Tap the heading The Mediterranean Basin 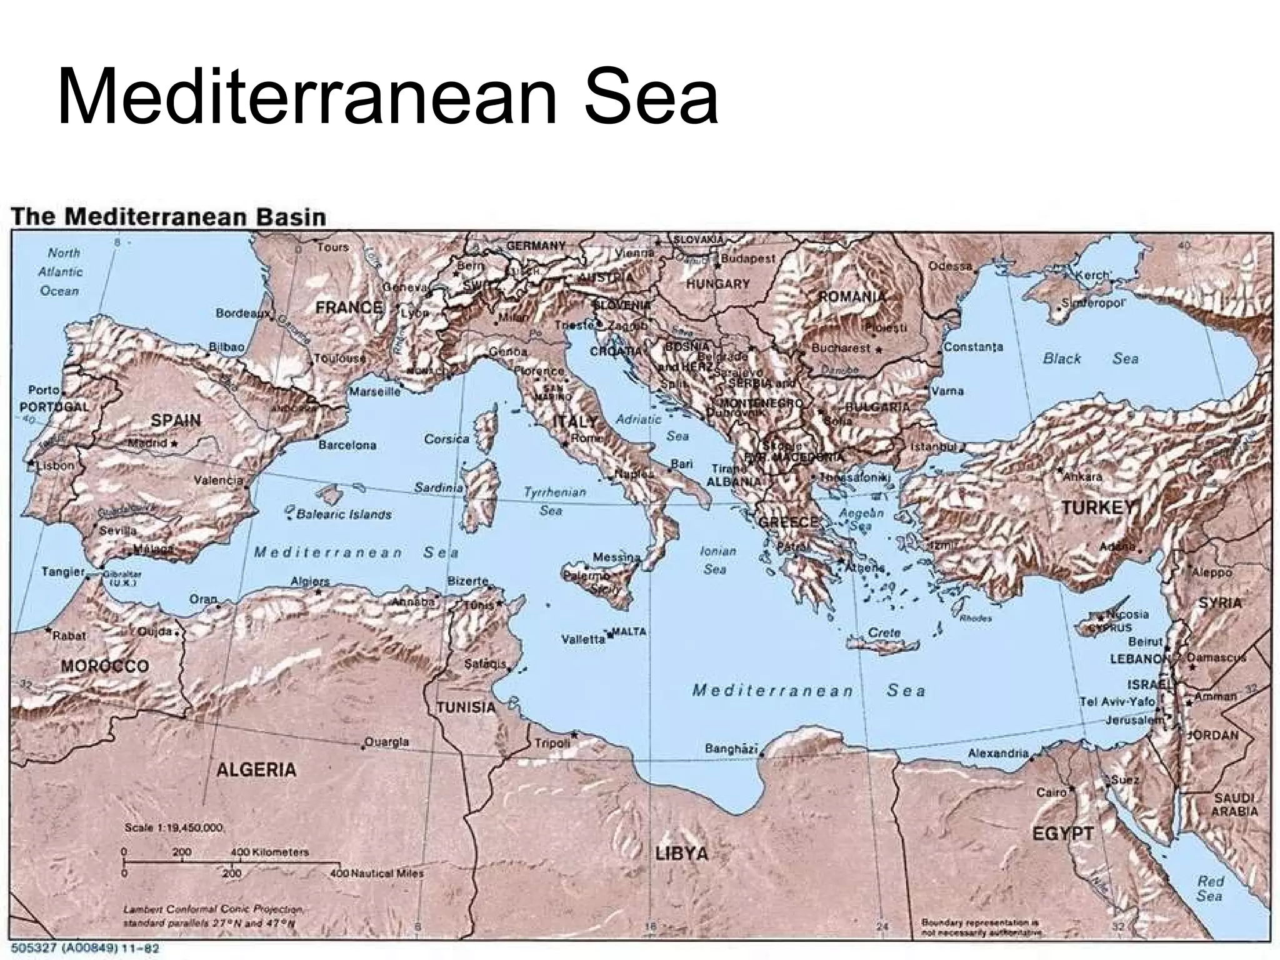[x=169, y=217]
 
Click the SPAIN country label [x=176, y=420]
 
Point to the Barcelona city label [x=347, y=445]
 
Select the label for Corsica [x=446, y=439]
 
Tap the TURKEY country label [x=1097, y=507]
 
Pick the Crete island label [x=884, y=632]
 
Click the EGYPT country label [x=1063, y=833]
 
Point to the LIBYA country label [x=681, y=853]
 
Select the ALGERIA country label [x=256, y=769]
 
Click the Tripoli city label [x=552, y=743]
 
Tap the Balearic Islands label [x=344, y=514]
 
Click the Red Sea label [x=1210, y=888]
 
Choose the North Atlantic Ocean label [x=61, y=272]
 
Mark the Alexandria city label [x=998, y=753]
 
